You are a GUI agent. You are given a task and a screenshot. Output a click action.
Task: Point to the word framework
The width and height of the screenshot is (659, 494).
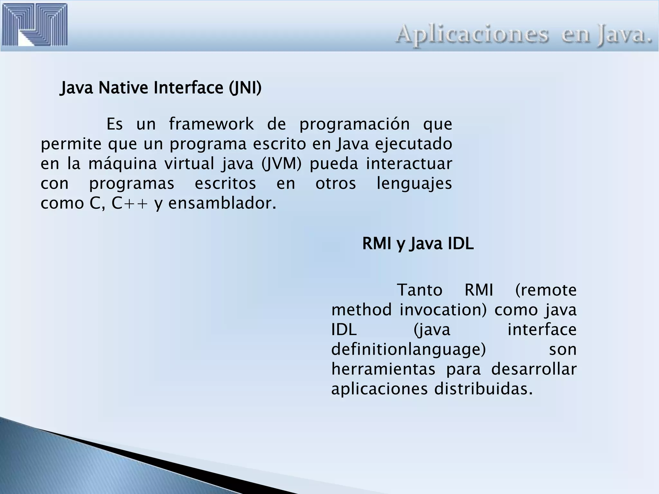pos(211,124)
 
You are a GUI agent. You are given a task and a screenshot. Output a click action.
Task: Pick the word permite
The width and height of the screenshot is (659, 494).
pos(71,144)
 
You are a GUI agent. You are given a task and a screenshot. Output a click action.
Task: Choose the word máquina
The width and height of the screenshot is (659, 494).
pos(123,164)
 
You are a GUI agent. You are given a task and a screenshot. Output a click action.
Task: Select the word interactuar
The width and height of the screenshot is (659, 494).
pos(409,164)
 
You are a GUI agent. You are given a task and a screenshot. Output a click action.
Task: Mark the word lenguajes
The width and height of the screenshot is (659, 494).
pos(414,184)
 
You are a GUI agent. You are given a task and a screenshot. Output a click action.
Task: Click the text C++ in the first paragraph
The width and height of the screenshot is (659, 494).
pos(130,203)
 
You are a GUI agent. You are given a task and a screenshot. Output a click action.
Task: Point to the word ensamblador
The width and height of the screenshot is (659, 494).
pos(222,203)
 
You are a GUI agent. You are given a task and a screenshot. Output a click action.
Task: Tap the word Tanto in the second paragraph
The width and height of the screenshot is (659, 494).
pos(420,290)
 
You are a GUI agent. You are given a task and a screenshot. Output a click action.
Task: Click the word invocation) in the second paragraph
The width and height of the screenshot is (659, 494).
pos(443,310)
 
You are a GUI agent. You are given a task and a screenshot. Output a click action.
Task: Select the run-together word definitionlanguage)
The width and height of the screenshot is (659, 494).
pos(408,350)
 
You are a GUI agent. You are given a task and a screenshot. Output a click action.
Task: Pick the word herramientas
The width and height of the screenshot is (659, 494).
pos(383,369)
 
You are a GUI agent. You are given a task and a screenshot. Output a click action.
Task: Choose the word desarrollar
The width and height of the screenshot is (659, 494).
pos(534,369)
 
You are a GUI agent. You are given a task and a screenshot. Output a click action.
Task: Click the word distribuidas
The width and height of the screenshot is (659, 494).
pos(483,389)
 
